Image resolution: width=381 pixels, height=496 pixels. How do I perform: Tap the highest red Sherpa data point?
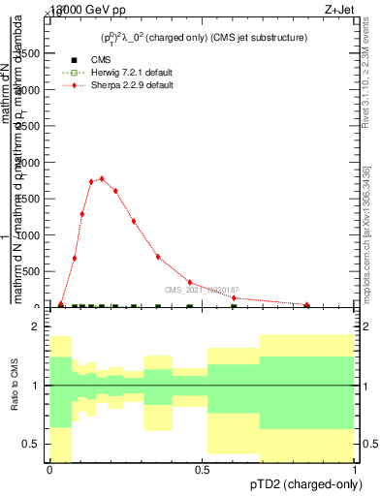(102, 178)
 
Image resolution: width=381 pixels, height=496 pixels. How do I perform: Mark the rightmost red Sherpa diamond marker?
(307, 305)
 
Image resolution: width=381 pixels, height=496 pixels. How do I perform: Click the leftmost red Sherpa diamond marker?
(61, 304)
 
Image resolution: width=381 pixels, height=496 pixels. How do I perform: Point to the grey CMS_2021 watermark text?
(201, 290)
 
